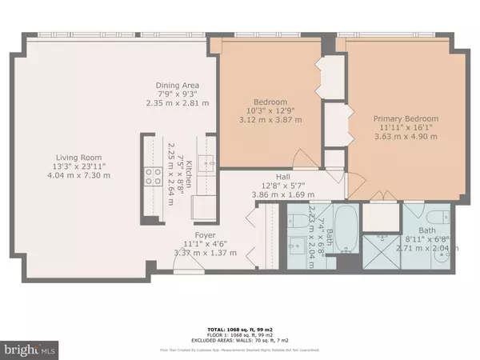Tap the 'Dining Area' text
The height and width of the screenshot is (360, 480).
point(178,85)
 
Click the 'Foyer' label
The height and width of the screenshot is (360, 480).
point(199,234)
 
